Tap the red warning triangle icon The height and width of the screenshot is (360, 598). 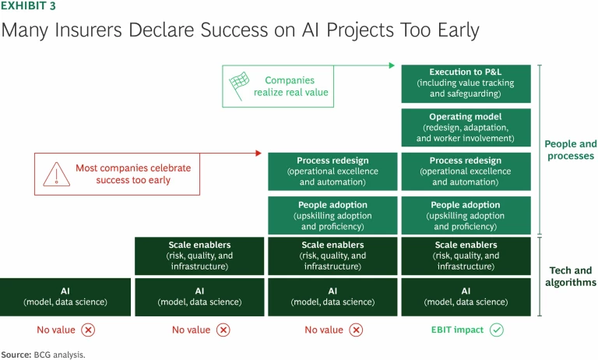[x=55, y=173]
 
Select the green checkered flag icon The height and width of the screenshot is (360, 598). [x=237, y=85]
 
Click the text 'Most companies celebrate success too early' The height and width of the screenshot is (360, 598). [x=132, y=173]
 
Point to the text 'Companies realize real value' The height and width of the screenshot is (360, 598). [x=291, y=86]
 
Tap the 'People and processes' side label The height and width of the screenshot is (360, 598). [x=570, y=150]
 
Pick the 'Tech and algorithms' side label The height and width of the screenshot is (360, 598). [x=570, y=277]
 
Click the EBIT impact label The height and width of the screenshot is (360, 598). [x=457, y=330]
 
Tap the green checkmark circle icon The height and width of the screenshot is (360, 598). [x=497, y=330]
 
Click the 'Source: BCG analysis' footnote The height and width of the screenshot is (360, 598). [x=43, y=354]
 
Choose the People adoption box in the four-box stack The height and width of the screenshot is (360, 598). [x=332, y=216]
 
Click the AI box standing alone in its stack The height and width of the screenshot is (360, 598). [x=65, y=297]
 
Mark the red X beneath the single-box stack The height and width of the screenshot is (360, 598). [x=89, y=330]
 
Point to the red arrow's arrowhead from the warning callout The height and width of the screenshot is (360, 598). [x=259, y=153]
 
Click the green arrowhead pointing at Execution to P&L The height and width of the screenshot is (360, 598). [x=392, y=65]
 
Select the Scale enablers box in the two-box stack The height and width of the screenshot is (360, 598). [x=199, y=256]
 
